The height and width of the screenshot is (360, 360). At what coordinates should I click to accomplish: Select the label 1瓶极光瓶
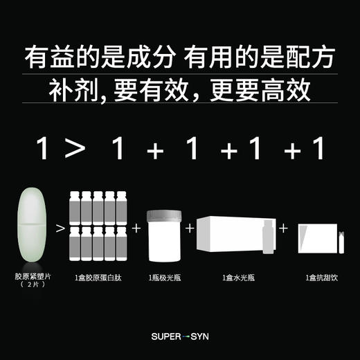[164, 278]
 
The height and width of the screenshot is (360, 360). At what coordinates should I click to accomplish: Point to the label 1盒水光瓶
[236, 278]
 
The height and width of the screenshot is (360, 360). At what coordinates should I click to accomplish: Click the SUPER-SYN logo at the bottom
[179, 337]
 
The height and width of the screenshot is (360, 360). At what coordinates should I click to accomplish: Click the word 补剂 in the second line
[70, 91]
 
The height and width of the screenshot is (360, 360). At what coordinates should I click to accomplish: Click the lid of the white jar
[164, 216]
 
